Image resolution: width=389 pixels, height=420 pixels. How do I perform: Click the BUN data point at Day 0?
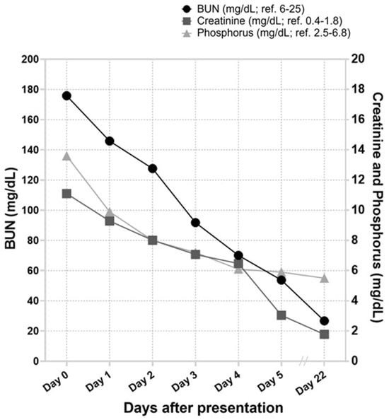[66, 95]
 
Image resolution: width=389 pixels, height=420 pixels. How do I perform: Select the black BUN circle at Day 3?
[195, 223]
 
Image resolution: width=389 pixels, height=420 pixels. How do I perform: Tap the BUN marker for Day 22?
[324, 320]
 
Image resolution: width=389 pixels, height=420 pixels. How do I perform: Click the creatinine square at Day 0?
[66, 194]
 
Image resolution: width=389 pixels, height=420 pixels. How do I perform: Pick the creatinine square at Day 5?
[281, 315]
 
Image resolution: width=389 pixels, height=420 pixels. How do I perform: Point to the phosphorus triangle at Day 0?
[66, 156]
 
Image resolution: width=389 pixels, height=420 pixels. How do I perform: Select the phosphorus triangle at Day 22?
[324, 279]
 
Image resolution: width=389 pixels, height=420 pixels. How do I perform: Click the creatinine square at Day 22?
[324, 334]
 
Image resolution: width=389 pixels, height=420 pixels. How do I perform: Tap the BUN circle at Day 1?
[110, 141]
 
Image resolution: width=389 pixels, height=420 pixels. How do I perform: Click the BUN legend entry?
[243, 9]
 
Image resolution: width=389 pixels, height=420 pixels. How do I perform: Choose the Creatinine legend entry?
[262, 21]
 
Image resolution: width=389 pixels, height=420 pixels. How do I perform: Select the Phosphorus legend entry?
[266, 33]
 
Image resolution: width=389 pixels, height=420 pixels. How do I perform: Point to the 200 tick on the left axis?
[30, 59]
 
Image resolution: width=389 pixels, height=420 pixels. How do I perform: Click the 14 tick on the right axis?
[358, 149]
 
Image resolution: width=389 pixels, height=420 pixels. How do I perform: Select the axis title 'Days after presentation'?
[204, 408]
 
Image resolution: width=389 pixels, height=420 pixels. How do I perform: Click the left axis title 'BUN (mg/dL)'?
[11, 209]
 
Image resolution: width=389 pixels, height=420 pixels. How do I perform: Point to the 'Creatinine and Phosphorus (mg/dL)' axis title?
[378, 208]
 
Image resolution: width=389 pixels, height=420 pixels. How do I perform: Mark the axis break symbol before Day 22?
[304, 361]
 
